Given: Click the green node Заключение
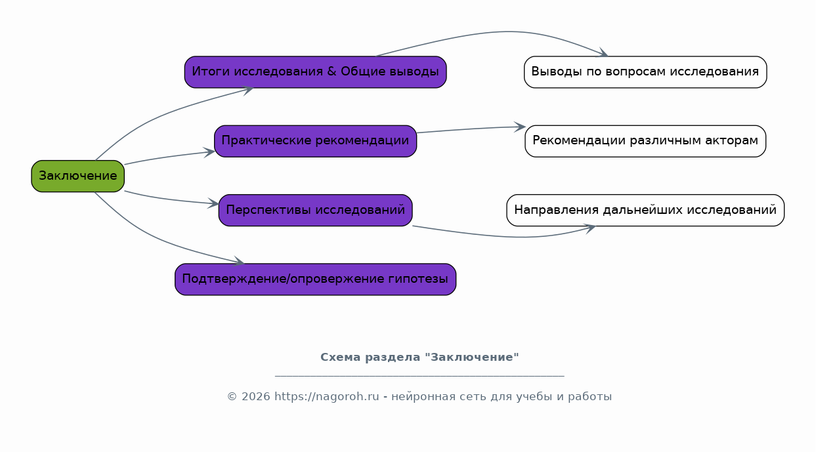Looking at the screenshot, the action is [78, 176].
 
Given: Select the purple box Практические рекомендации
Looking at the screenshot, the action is [316, 141].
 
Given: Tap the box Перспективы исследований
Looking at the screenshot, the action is [316, 211].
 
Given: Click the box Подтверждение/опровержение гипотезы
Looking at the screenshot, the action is [316, 279].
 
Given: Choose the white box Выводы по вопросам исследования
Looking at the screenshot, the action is [645, 72].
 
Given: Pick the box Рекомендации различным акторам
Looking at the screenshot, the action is [645, 141].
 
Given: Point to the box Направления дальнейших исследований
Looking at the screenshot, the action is [645, 211].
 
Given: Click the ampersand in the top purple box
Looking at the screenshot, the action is [332, 72].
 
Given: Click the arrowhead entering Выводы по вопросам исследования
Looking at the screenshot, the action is [603, 52].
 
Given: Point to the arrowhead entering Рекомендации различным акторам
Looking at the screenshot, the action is [520, 127].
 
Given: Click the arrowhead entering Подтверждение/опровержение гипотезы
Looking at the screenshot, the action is [239, 261].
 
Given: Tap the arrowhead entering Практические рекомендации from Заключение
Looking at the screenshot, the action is [209, 152].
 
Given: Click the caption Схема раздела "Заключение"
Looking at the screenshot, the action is [419, 358].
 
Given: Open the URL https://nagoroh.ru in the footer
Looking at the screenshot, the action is [327, 397].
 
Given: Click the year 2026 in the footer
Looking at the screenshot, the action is [256, 397].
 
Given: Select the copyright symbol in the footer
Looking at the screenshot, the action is [232, 397].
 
